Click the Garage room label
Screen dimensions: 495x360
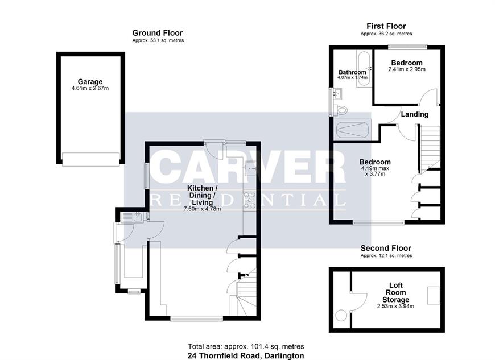point(90,82)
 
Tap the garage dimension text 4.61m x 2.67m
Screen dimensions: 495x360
point(90,88)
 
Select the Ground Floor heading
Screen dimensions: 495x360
point(158,33)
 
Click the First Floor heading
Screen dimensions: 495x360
point(386,26)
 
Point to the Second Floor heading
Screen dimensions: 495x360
point(386,249)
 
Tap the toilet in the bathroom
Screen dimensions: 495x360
point(340,110)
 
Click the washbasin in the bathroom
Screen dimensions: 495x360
point(338,94)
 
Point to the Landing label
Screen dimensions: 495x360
point(415,114)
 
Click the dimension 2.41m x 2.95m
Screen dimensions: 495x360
point(407,69)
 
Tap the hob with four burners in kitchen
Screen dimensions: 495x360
point(249,200)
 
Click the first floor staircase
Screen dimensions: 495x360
point(430,148)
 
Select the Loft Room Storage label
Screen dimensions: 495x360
point(395,292)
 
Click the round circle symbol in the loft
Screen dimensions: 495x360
point(341,316)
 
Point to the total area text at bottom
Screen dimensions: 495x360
point(246,346)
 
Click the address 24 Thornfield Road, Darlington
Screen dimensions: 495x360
point(246,355)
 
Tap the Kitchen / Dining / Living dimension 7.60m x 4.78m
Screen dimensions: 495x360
point(202,209)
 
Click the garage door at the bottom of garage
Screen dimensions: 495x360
point(91,159)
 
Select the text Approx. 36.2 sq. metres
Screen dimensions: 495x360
point(386,34)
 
